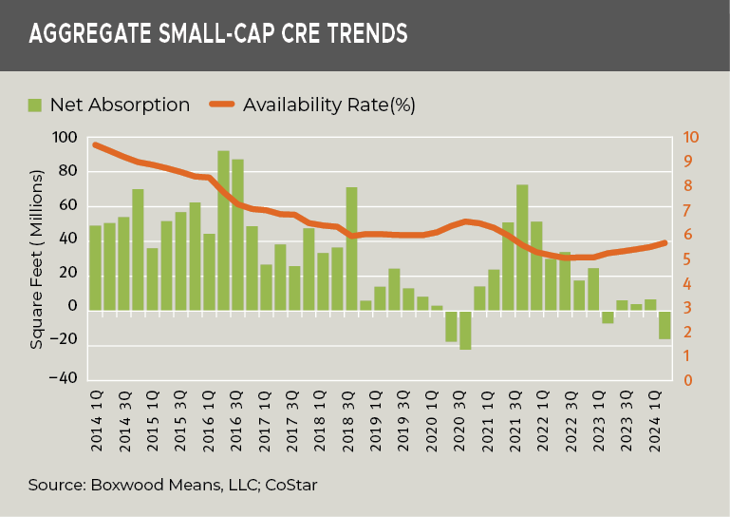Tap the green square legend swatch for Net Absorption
click(35, 104)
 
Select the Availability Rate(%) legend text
click(329, 104)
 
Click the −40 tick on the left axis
click(63, 378)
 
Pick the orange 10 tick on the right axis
click(690, 138)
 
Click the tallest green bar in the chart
click(223, 228)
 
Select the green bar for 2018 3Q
click(351, 247)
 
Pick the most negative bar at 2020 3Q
click(465, 330)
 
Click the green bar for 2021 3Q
click(522, 247)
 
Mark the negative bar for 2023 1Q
click(608, 316)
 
